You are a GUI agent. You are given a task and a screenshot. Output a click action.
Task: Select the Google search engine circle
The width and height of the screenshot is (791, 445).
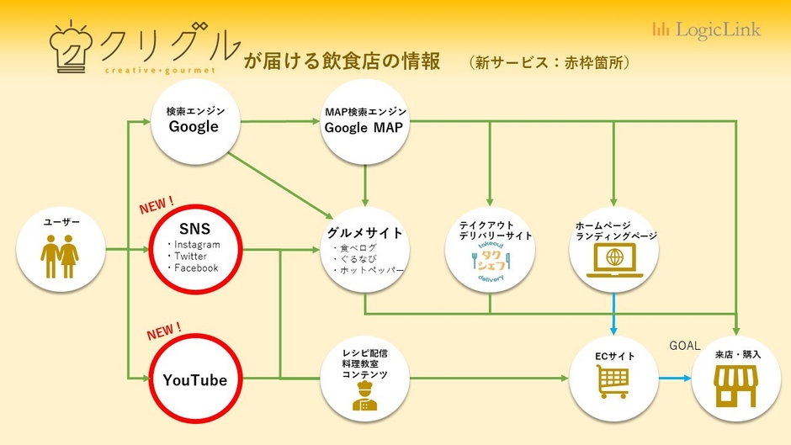tap(194, 119)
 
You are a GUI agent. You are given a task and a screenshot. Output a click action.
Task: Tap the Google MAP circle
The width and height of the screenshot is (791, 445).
tap(365, 121)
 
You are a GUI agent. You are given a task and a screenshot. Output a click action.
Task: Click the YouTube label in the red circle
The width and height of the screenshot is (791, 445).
tap(195, 380)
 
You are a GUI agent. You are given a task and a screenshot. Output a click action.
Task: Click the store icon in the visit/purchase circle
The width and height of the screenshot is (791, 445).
tap(735, 388)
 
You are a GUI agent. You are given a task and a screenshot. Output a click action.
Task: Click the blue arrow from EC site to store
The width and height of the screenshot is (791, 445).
tap(672, 377)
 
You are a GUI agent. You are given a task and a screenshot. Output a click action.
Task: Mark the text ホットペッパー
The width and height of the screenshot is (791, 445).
tap(370, 271)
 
